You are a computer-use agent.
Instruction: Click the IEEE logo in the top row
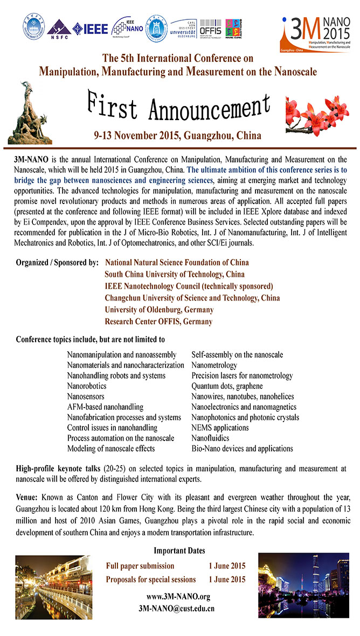[x=90, y=29]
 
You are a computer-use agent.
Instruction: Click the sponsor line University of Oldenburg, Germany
[x=159, y=310]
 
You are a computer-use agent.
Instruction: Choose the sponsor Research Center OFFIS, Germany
[x=158, y=322]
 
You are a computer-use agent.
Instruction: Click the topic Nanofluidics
[x=210, y=438]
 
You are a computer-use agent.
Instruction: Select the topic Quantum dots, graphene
[x=227, y=386]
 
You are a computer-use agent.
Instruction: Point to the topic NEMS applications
[x=220, y=428]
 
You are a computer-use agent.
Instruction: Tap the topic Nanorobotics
[x=87, y=386]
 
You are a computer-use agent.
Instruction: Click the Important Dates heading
[x=179, y=550]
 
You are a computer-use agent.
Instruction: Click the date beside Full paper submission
[x=227, y=566]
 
